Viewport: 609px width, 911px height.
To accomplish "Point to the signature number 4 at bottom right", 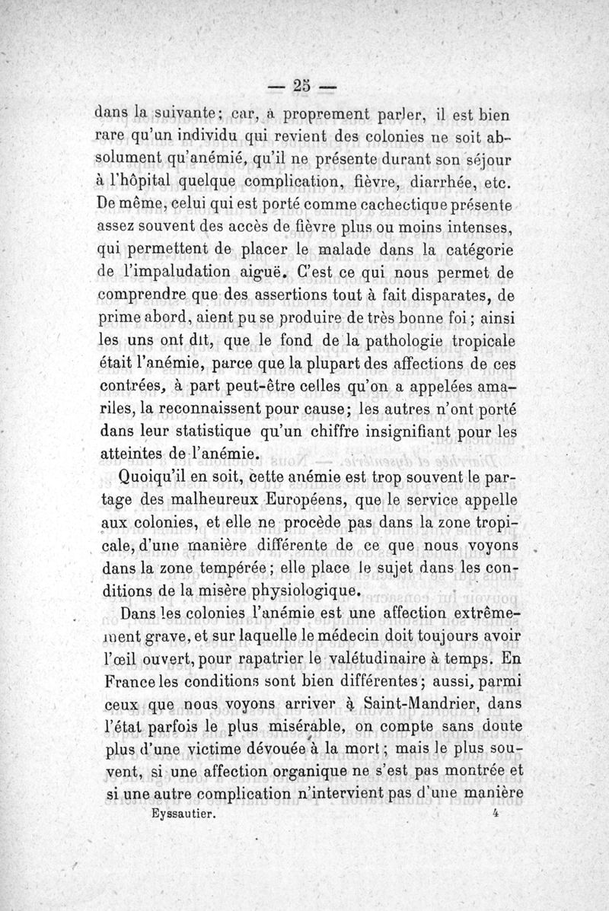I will [x=496, y=813].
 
